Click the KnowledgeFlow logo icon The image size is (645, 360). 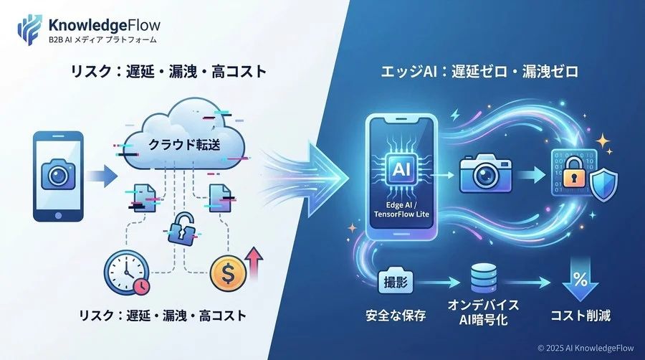(29, 29)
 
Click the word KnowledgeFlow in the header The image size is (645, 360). (105, 25)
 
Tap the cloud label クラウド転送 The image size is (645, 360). (184, 144)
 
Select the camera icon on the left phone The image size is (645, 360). (58, 175)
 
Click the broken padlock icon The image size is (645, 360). (181, 229)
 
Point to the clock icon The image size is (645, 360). (127, 273)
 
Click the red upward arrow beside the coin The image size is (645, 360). (254, 262)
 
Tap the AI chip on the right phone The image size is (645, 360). (401, 169)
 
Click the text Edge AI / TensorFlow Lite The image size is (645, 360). (401, 210)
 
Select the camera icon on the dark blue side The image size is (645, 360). (486, 174)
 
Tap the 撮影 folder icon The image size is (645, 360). (396, 281)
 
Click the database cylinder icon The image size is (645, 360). (483, 278)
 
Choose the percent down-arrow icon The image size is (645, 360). (580, 280)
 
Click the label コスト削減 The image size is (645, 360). (580, 316)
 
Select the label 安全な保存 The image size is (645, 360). (396, 316)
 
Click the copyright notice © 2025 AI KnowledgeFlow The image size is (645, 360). (586, 348)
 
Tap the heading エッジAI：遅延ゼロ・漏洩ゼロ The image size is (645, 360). (479, 72)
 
